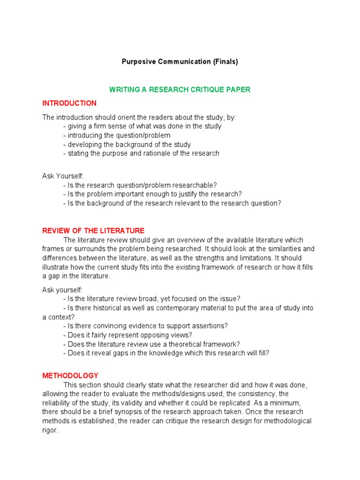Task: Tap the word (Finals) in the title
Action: [x=226, y=62]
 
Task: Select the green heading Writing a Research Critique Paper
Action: [x=180, y=90]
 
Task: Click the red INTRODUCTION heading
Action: [x=69, y=103]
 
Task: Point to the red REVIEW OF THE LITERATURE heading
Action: [x=93, y=231]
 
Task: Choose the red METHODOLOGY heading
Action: [x=70, y=375]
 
